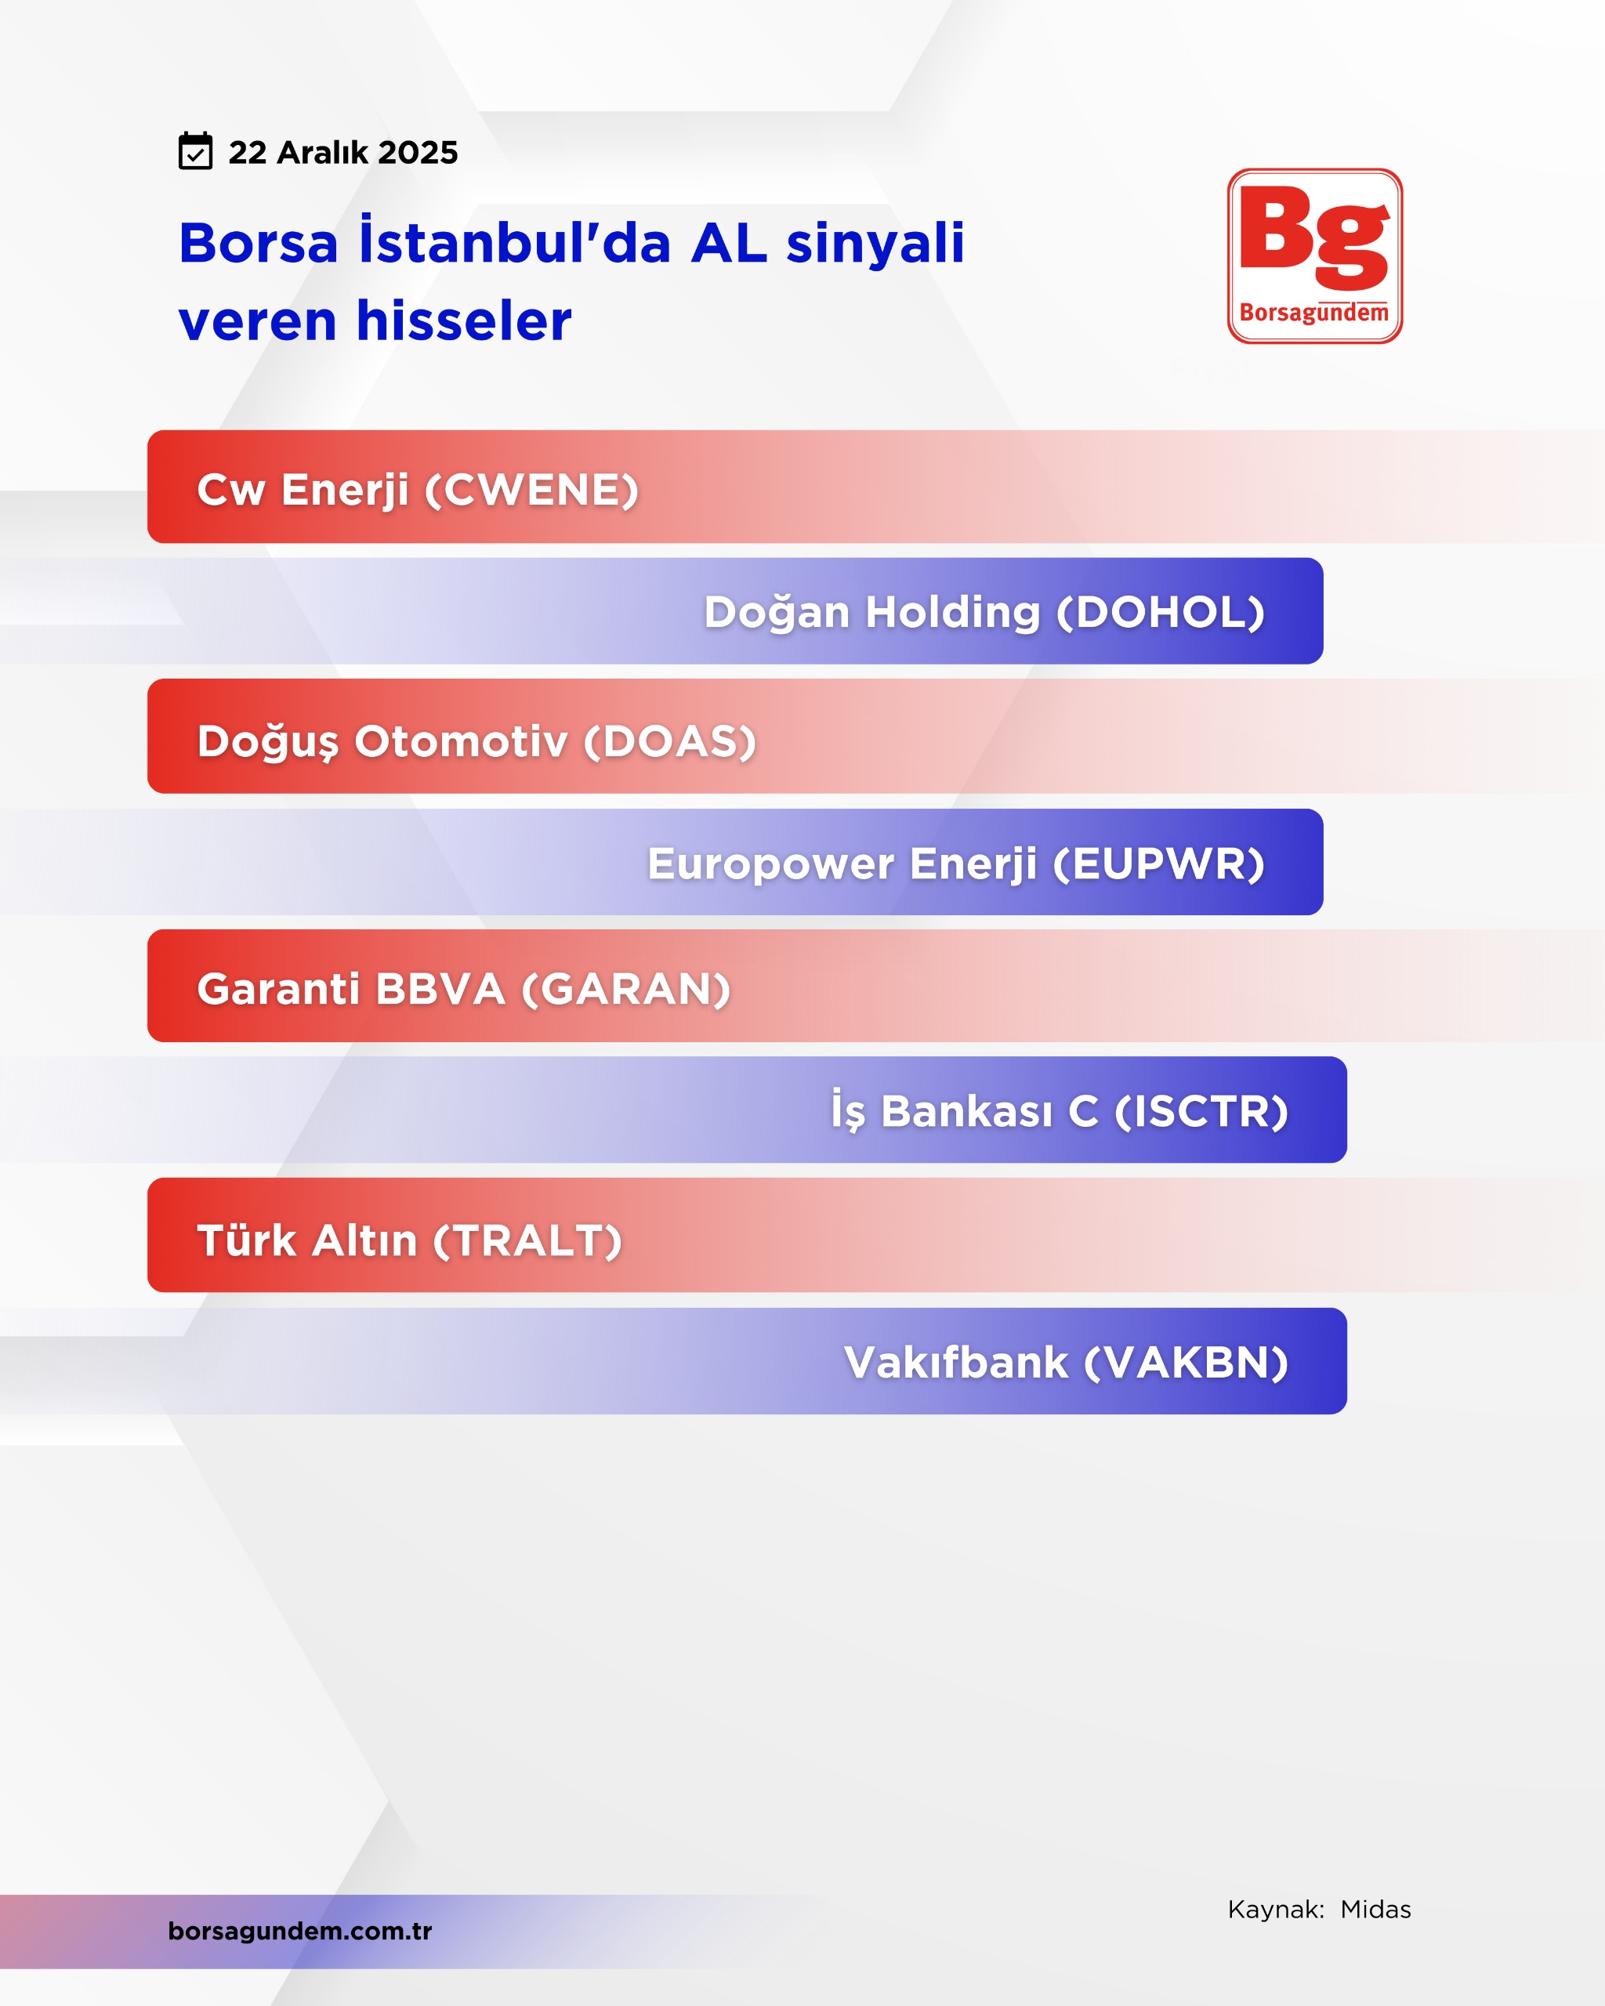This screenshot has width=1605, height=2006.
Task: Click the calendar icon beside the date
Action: pos(195,150)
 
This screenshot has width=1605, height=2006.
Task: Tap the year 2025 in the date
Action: pos(418,153)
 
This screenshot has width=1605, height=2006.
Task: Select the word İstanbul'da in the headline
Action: pos(516,243)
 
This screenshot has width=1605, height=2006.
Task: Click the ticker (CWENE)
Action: pos(532,491)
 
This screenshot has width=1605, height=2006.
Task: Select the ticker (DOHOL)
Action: pos(1160,612)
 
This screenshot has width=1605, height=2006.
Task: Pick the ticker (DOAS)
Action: pos(670,741)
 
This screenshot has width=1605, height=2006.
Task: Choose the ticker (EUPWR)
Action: pos(1159,864)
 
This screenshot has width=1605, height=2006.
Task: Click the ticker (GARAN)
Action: pos(626,989)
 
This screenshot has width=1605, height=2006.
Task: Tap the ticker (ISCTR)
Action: pos(1201,1111)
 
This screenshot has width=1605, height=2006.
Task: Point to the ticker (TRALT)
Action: pos(527,1240)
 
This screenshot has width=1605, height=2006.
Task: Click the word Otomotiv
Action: pos(461,741)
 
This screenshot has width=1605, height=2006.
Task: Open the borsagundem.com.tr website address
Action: pos(299,1931)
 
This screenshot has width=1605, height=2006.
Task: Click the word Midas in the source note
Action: pos(1375,1910)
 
